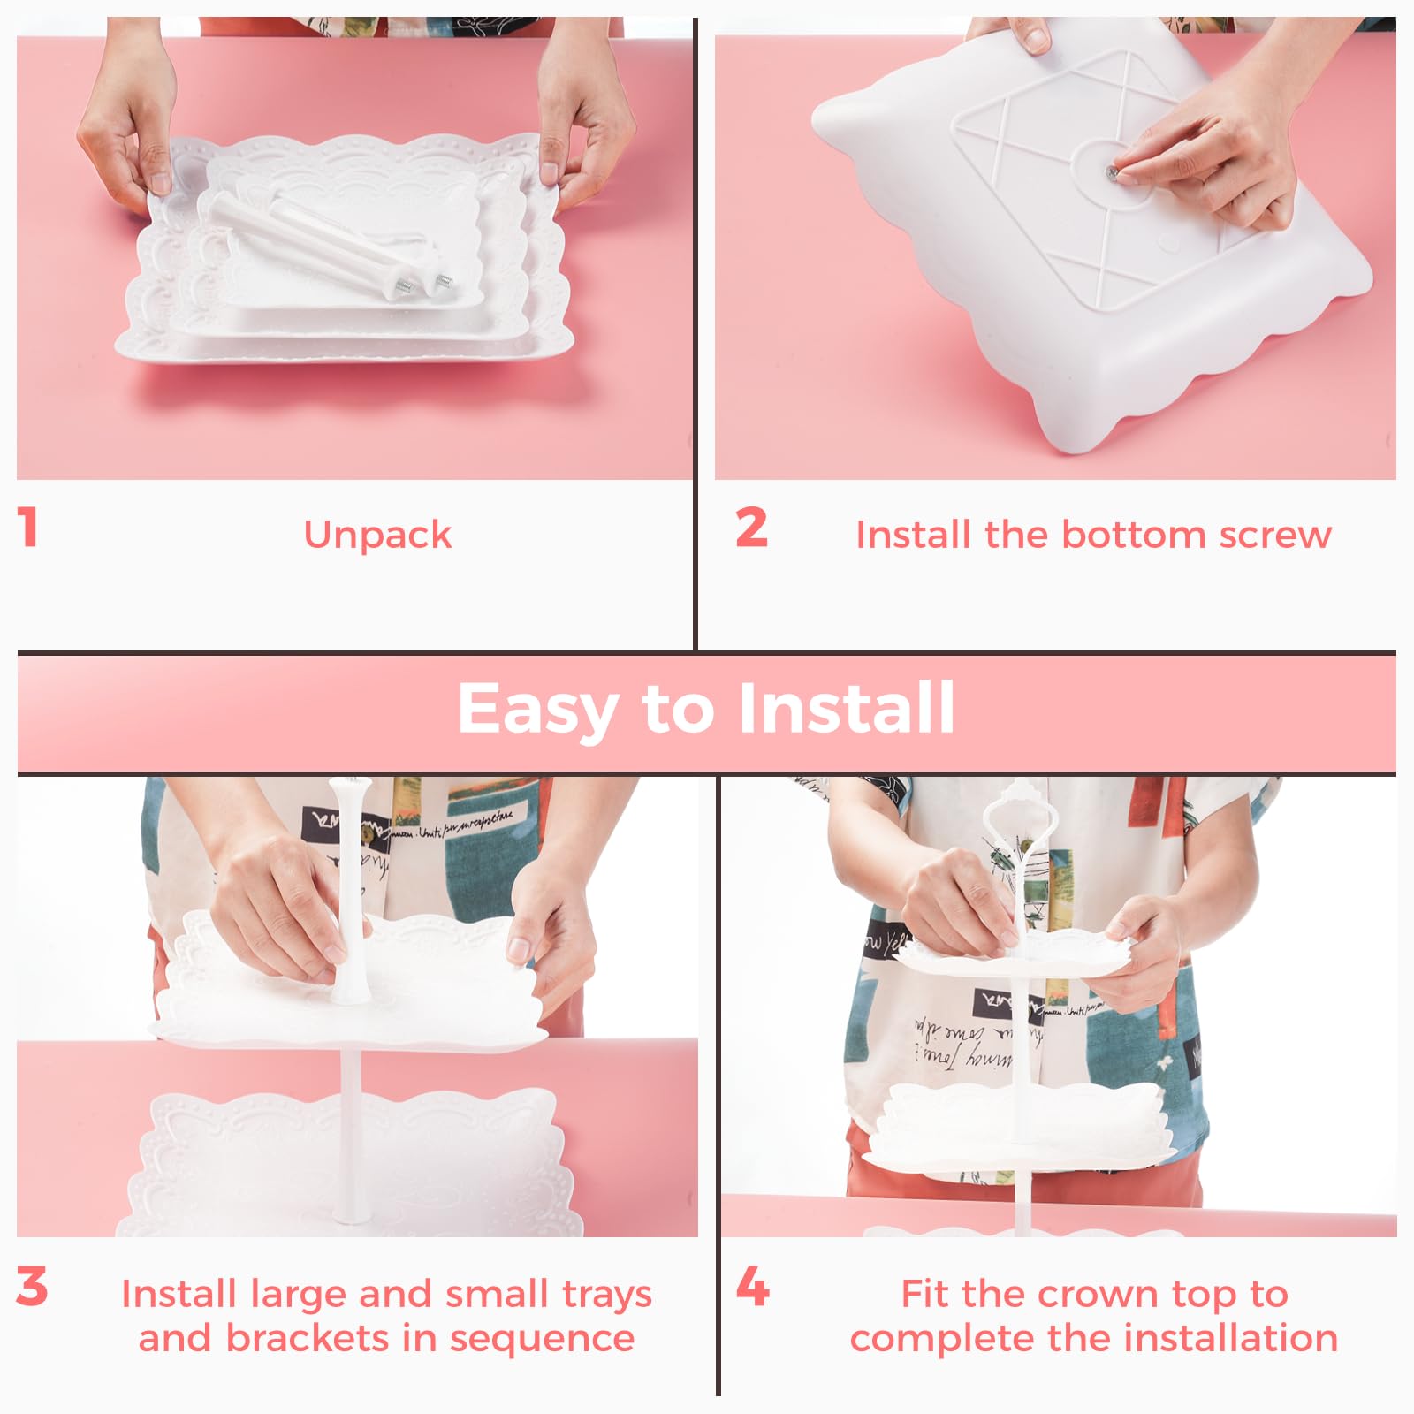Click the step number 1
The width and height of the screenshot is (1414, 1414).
tap(28, 528)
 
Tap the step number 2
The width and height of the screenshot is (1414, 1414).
tap(752, 528)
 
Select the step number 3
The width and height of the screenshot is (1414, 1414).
tap(32, 1287)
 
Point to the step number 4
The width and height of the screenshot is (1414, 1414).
tap(752, 1287)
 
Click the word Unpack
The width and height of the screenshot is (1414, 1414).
tap(377, 536)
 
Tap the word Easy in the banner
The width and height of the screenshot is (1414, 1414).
tap(537, 710)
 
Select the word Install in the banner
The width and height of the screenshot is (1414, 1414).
tap(847, 708)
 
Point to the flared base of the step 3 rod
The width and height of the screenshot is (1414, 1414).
tap(351, 988)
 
